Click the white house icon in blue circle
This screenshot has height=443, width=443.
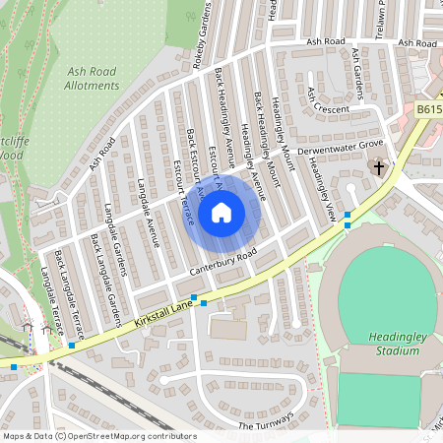(x=221, y=212)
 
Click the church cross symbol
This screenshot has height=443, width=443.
(x=379, y=168)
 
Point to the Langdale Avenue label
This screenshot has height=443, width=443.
(x=148, y=213)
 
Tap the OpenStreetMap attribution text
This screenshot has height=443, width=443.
(x=98, y=435)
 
